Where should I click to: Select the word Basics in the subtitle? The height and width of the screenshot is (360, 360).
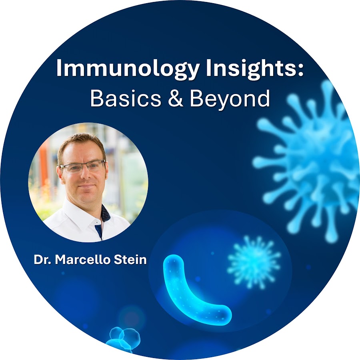coord(126,98)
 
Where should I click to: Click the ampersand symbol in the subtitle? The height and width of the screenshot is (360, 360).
coord(176,98)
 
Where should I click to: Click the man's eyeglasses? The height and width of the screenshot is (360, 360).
coord(83,166)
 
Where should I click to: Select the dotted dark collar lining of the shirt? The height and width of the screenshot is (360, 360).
coord(106,213)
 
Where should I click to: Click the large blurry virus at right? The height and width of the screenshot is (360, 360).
coord(308,161)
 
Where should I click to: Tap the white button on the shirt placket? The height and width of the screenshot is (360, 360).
coord(97,223)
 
